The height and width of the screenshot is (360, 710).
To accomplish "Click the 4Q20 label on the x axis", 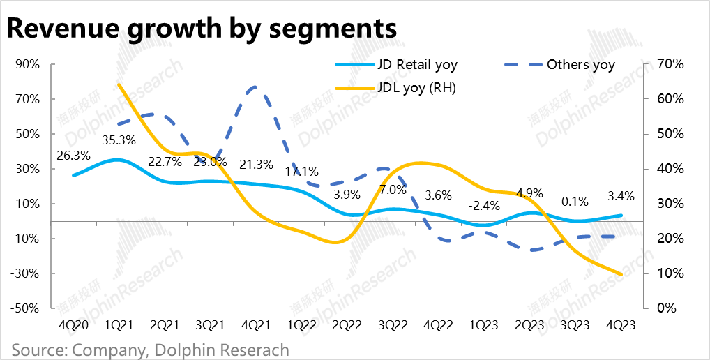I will [x=73, y=324].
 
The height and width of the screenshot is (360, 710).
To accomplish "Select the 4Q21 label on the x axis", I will [x=255, y=324].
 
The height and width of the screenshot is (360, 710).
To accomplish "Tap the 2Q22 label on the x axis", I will [x=347, y=324].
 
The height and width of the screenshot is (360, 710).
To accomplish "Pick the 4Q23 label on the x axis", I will [x=620, y=324].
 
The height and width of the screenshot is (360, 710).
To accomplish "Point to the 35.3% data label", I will [x=119, y=140].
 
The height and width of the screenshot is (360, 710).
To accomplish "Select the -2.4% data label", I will [x=483, y=205].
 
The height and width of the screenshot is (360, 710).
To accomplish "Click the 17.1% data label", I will [x=301, y=170].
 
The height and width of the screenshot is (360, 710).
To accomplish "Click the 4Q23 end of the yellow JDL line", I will [x=620, y=274].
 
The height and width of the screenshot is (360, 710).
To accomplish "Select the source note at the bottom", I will [x=150, y=350].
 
